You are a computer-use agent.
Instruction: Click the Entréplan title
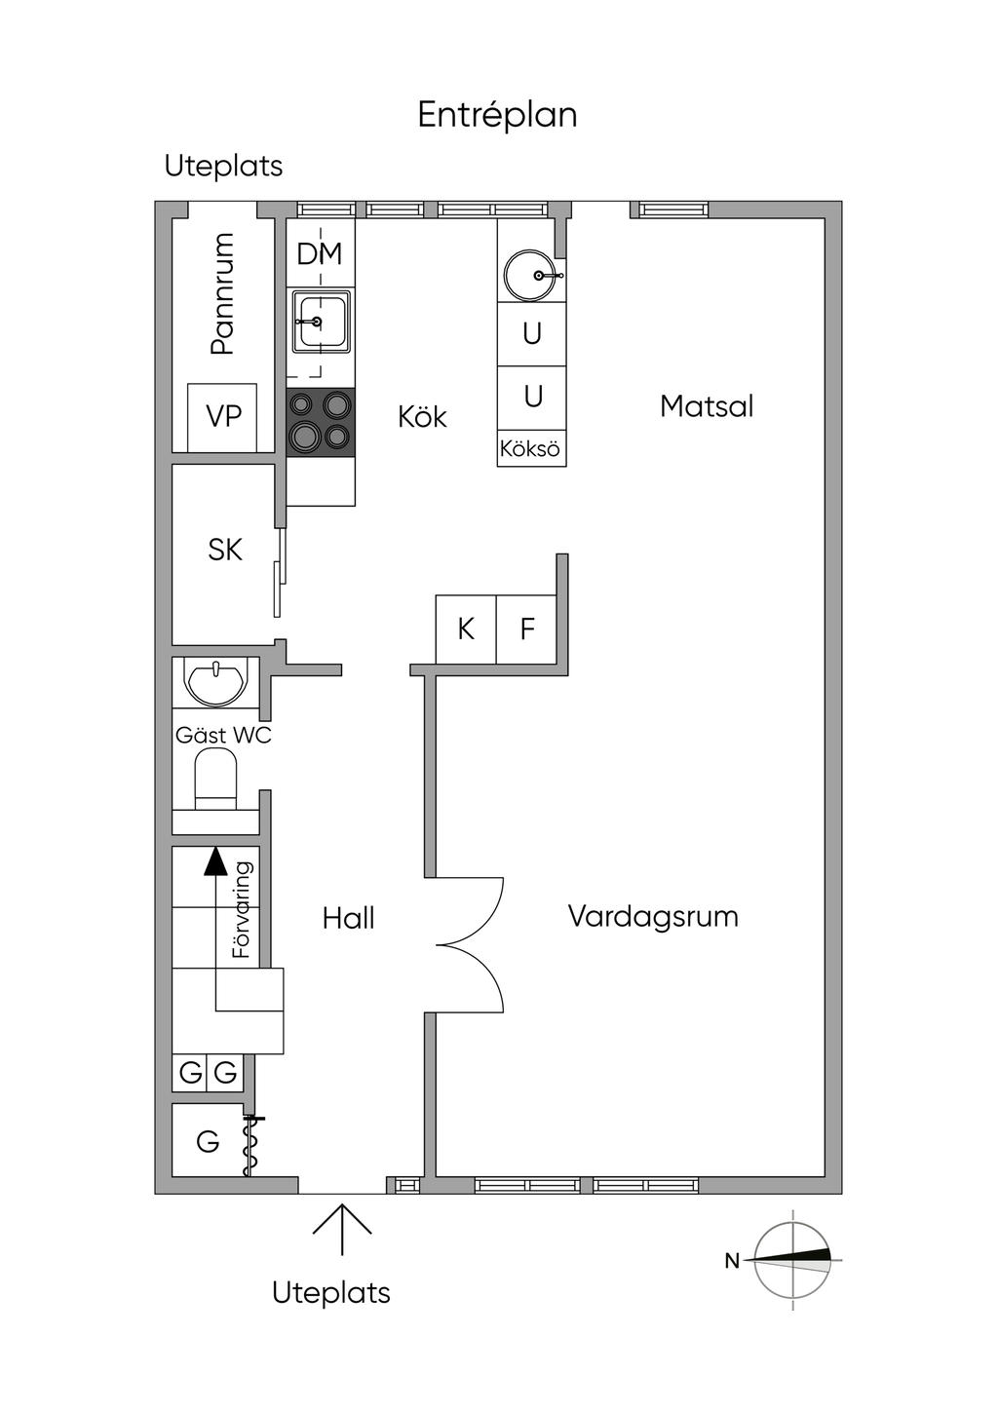point(497,115)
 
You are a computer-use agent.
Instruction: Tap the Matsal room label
point(707,406)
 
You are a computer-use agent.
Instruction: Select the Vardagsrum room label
point(653,917)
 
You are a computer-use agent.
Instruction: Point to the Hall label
point(348,918)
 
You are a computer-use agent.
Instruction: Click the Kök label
point(422,416)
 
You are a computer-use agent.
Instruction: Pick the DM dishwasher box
point(321,254)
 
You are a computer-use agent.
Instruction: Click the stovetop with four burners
point(321,422)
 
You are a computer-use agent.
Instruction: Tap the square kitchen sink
point(321,323)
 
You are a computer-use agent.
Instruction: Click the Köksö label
point(530,449)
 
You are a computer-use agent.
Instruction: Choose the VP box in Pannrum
point(222,418)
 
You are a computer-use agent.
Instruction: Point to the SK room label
point(225,550)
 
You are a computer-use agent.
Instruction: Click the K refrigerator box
point(466,629)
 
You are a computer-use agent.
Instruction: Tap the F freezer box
point(526,629)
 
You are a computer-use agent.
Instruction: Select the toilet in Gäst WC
point(215,779)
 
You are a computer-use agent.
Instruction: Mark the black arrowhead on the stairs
point(215,861)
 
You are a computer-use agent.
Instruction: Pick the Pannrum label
point(222,294)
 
